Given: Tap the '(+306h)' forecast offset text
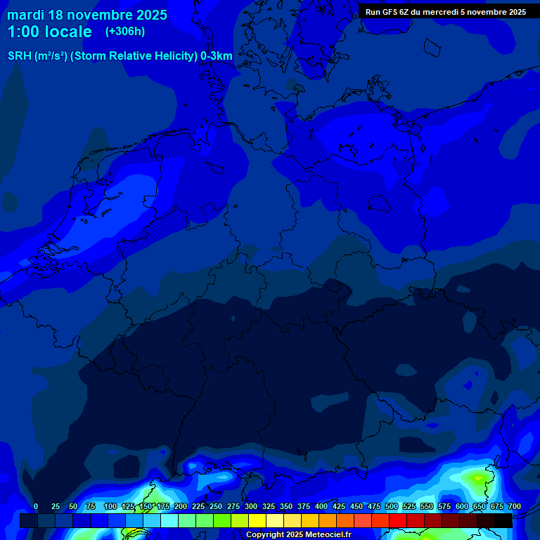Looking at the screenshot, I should (x=125, y=32).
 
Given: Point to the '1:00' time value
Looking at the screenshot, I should (x=24, y=32).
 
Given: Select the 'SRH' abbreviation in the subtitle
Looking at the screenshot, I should (x=20, y=56).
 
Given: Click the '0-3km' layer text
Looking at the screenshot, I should (x=217, y=56).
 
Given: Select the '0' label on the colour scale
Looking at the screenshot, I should (x=36, y=506).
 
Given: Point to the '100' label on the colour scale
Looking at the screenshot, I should (x=110, y=506).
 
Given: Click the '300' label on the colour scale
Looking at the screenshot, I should (x=251, y=506).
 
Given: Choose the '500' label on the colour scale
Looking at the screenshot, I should (x=392, y=506).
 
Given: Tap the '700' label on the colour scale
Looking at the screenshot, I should (x=515, y=506).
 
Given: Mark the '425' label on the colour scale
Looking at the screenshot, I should (x=339, y=506).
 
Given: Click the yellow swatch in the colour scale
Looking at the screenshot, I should (x=257, y=520).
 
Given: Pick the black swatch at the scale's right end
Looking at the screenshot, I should (x=503, y=520).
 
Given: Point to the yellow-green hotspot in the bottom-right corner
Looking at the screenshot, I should (x=479, y=480).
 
